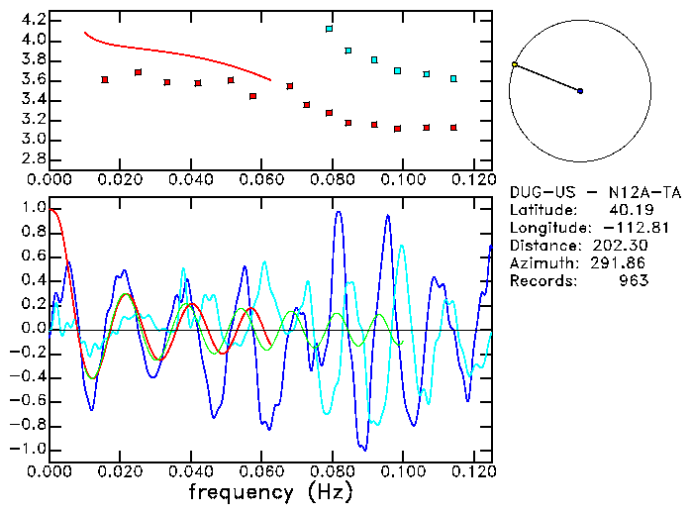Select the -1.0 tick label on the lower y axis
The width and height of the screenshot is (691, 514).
[27, 449]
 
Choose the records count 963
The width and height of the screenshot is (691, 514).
[634, 281]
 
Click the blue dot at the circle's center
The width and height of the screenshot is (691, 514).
[580, 91]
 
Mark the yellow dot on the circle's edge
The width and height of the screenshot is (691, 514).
[514, 64]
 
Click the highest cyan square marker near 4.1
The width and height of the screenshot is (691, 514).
[329, 29]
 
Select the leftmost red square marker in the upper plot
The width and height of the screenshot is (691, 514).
[105, 79]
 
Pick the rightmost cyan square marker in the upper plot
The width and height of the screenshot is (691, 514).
[453, 78]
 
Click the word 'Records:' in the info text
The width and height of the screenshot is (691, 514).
[542, 281]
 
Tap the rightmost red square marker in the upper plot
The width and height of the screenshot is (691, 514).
[453, 128]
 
